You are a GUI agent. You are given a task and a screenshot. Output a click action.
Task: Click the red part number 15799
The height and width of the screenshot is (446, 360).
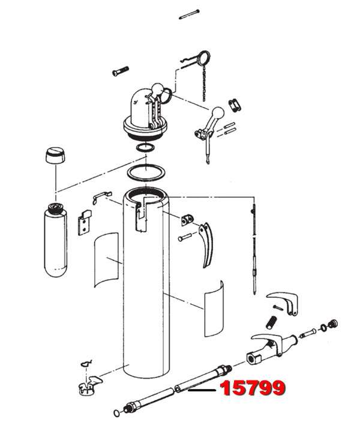[252, 388]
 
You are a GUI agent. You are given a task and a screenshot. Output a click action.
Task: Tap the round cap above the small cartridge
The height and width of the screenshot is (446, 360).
[55, 155]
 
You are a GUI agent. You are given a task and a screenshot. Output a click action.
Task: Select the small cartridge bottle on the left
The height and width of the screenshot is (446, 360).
[55, 240]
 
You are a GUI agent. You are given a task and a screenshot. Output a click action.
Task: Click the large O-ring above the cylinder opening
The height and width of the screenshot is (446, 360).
[146, 173]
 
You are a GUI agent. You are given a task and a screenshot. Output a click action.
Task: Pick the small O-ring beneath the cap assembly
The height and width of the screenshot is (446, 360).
[145, 148]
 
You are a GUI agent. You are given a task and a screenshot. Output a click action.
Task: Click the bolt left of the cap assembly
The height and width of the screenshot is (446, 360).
[120, 71]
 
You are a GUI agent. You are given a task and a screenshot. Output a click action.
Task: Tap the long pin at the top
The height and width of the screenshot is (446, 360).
[189, 14]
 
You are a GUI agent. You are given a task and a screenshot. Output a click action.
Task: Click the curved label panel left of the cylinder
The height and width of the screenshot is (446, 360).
[106, 259]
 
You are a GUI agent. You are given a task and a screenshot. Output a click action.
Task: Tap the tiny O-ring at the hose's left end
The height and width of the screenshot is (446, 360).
[116, 413]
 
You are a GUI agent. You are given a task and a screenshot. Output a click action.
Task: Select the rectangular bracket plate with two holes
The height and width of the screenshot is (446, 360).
[85, 223]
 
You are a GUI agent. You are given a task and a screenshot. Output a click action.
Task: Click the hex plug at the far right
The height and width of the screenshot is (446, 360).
[333, 324]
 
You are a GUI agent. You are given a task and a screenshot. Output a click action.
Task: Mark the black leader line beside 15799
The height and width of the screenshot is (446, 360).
[202, 390]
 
